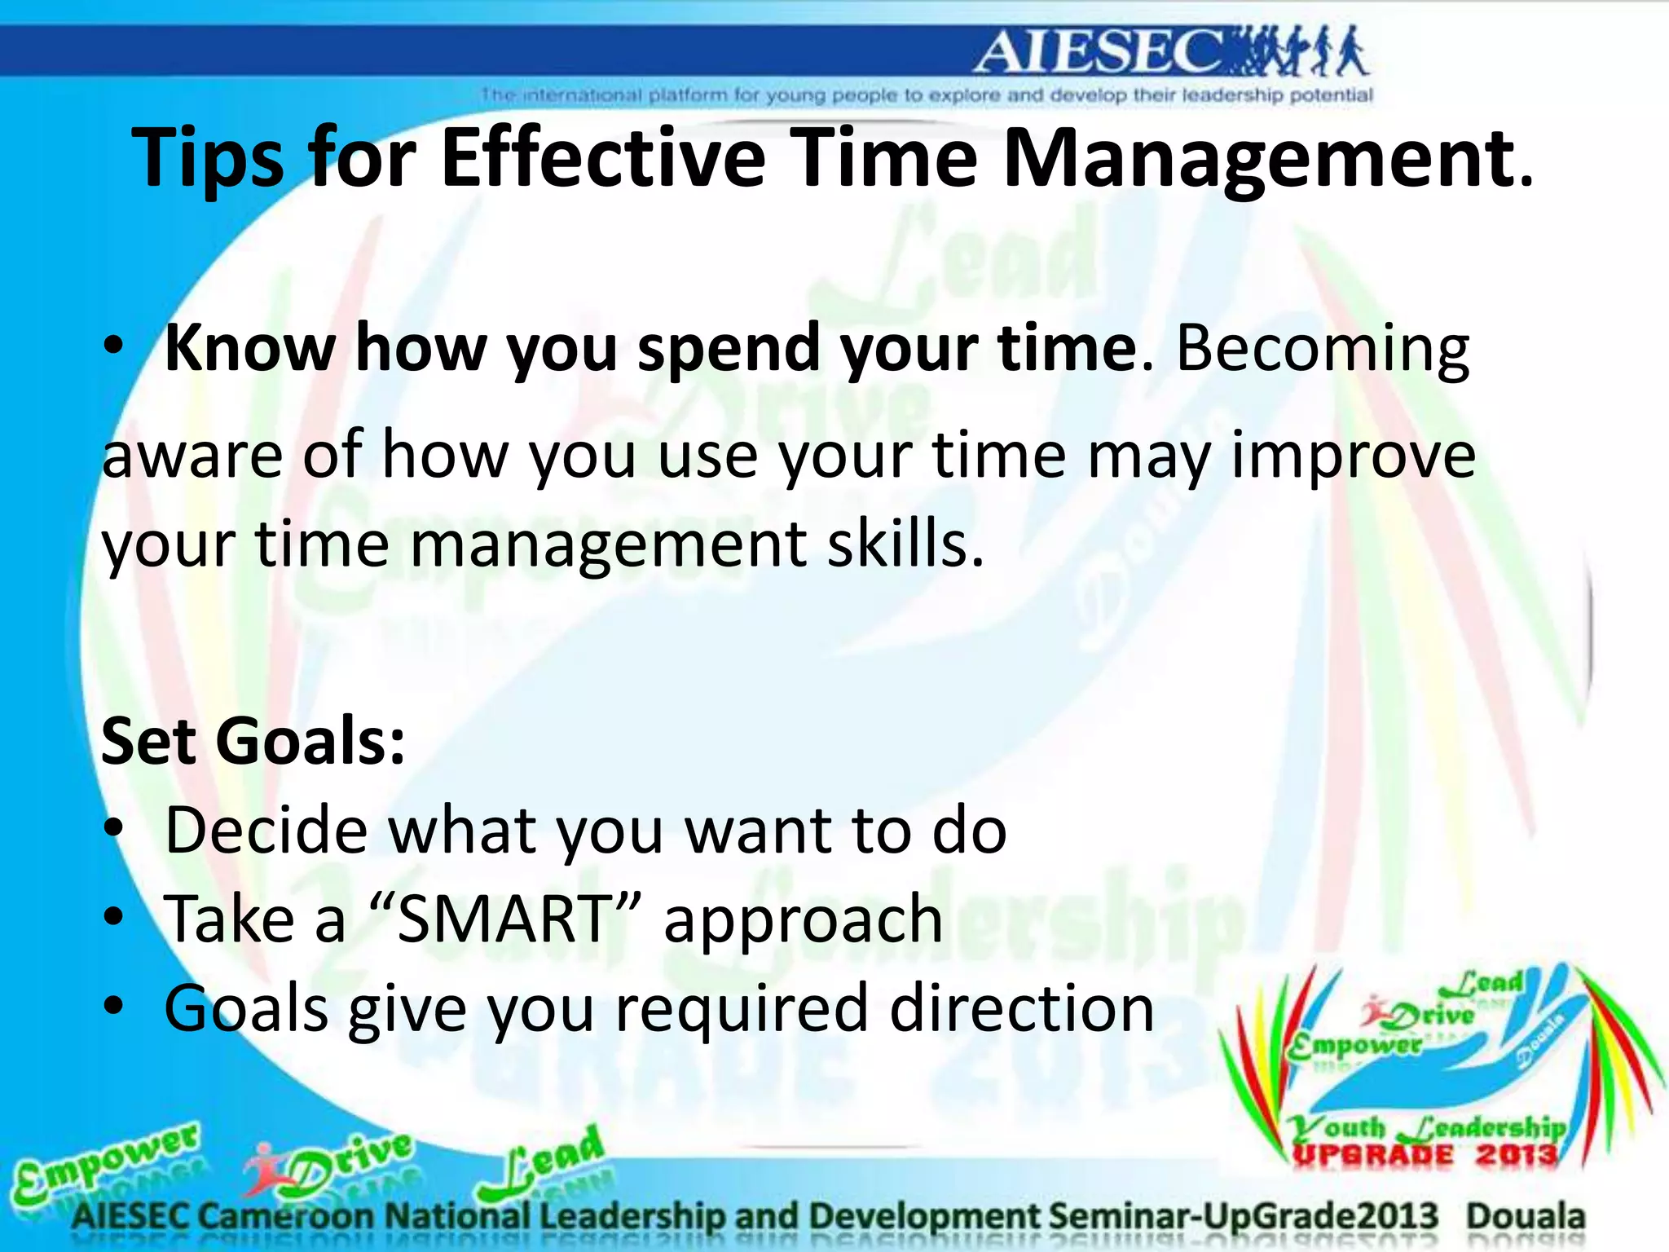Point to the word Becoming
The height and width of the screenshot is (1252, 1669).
1323,349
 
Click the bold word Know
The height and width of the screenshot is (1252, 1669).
249,347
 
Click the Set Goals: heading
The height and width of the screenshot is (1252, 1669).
253,740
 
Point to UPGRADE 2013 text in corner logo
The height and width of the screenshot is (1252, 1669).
1424,1155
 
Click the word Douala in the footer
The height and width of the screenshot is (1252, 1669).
1526,1216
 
